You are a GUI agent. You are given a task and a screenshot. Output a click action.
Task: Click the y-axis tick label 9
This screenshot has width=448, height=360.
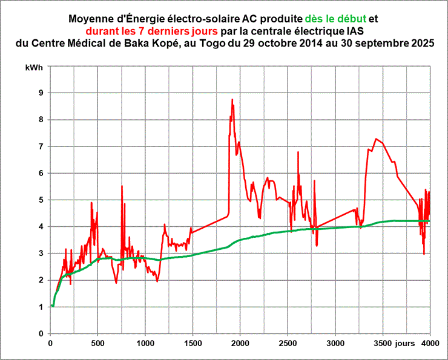(41, 93)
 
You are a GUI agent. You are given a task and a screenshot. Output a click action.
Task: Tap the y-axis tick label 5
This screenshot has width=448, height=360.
(41, 200)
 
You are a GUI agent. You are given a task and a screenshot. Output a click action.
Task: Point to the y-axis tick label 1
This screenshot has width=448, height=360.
(41, 307)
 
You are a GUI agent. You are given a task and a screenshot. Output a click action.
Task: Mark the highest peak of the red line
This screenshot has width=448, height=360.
(232, 99)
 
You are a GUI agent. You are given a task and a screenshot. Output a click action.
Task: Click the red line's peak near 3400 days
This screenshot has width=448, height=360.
(376, 139)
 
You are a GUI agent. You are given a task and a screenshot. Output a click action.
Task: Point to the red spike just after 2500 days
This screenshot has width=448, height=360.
(298, 152)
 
